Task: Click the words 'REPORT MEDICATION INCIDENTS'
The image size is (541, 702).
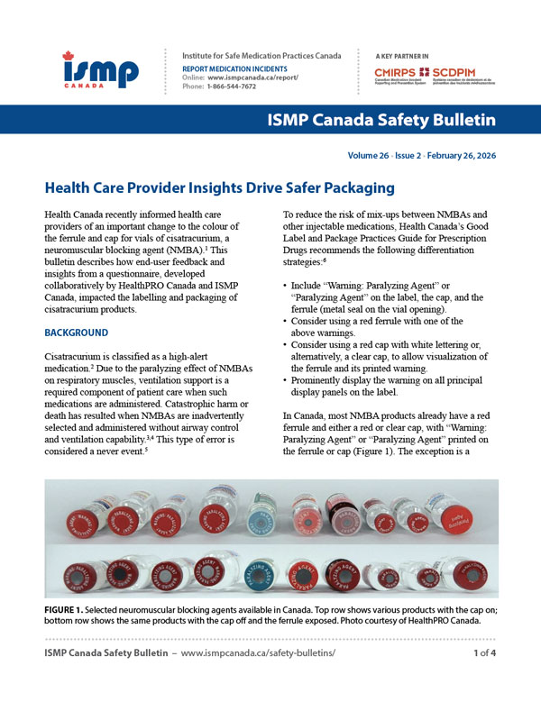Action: (x=234, y=68)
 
